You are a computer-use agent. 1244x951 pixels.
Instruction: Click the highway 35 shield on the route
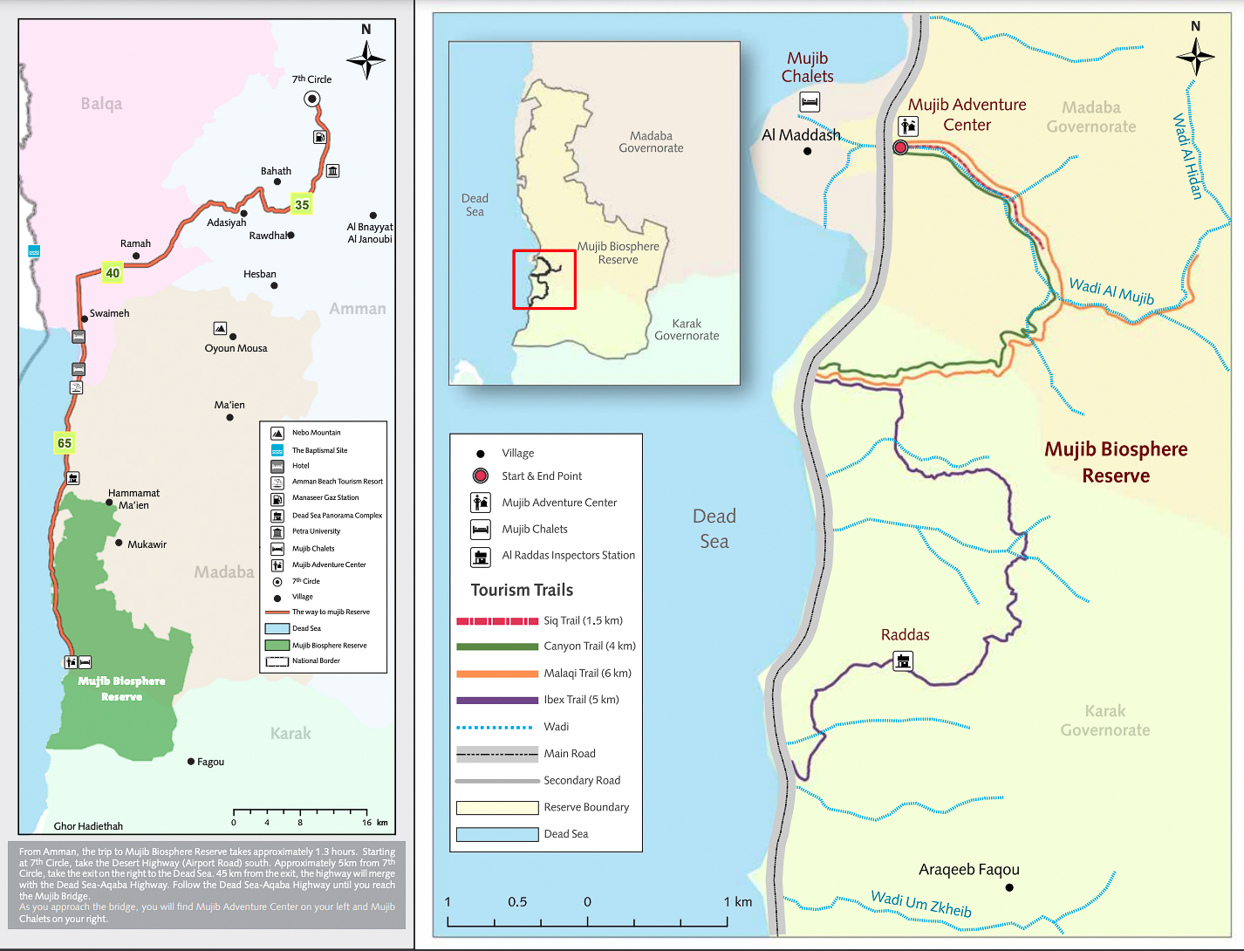click(x=302, y=205)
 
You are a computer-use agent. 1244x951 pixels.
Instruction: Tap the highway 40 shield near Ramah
click(x=113, y=273)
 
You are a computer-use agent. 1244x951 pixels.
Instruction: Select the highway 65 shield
click(x=65, y=443)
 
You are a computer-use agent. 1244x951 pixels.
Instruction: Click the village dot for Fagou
click(x=191, y=762)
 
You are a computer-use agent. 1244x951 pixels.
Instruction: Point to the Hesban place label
click(x=259, y=274)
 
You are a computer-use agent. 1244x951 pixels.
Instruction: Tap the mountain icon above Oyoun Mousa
click(x=221, y=329)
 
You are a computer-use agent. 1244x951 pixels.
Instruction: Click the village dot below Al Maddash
click(x=808, y=152)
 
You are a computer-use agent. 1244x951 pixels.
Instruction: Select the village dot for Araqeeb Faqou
click(x=1009, y=887)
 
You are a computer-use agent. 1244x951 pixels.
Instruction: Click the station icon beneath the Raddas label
click(x=904, y=660)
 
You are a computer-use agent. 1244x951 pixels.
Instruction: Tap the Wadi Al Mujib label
click(x=1111, y=291)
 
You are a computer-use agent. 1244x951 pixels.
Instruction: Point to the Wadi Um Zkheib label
click(x=921, y=904)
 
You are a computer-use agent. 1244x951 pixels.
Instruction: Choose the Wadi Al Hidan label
click(x=1187, y=156)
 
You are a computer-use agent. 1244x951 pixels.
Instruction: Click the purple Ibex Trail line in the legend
click(x=497, y=701)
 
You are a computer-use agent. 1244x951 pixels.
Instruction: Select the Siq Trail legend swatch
click(x=497, y=621)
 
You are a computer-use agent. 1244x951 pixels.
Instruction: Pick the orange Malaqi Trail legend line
click(x=497, y=674)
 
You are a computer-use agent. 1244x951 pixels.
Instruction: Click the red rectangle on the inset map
click(x=544, y=279)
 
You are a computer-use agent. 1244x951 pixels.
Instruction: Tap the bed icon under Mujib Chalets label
click(x=810, y=102)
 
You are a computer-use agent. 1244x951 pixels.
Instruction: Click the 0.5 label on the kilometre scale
click(x=517, y=902)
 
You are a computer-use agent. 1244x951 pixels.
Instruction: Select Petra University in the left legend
click(x=316, y=531)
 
